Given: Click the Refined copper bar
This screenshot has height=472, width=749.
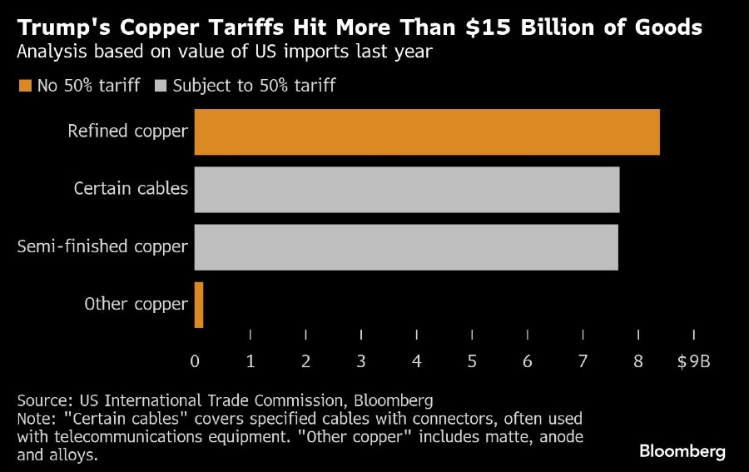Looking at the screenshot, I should (427, 132).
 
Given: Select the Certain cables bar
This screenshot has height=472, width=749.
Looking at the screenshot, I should (407, 189).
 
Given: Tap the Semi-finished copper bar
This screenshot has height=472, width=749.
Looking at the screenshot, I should (406, 247).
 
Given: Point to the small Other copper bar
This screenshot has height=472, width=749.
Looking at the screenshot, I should (199, 305).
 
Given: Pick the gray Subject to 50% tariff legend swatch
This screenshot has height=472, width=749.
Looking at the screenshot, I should (160, 86).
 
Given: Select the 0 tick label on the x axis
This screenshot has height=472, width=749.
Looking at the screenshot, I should (195, 361).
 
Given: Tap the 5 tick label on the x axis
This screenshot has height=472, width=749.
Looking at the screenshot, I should (472, 361).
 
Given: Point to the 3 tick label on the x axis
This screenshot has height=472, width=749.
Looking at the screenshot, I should (361, 361).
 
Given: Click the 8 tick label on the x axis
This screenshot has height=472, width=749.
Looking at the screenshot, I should (638, 361).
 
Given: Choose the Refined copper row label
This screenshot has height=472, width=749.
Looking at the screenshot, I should (127, 132).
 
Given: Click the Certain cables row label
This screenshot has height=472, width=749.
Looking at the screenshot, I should (131, 189).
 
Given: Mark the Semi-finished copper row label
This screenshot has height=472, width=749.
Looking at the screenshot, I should (102, 247).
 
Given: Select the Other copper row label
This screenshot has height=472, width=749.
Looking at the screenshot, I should (136, 305).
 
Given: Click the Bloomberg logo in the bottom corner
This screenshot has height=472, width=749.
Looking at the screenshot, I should (682, 451).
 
